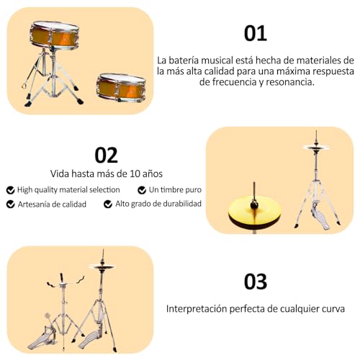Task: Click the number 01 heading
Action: [x=255, y=32]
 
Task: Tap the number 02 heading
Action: [x=106, y=155]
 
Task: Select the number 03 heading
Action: [x=255, y=281]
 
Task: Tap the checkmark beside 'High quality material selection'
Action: [x=10, y=190]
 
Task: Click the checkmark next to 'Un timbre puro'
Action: [x=142, y=190]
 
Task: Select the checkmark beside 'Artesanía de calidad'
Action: [x=10, y=204]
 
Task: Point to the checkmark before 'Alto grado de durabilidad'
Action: [x=108, y=204]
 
